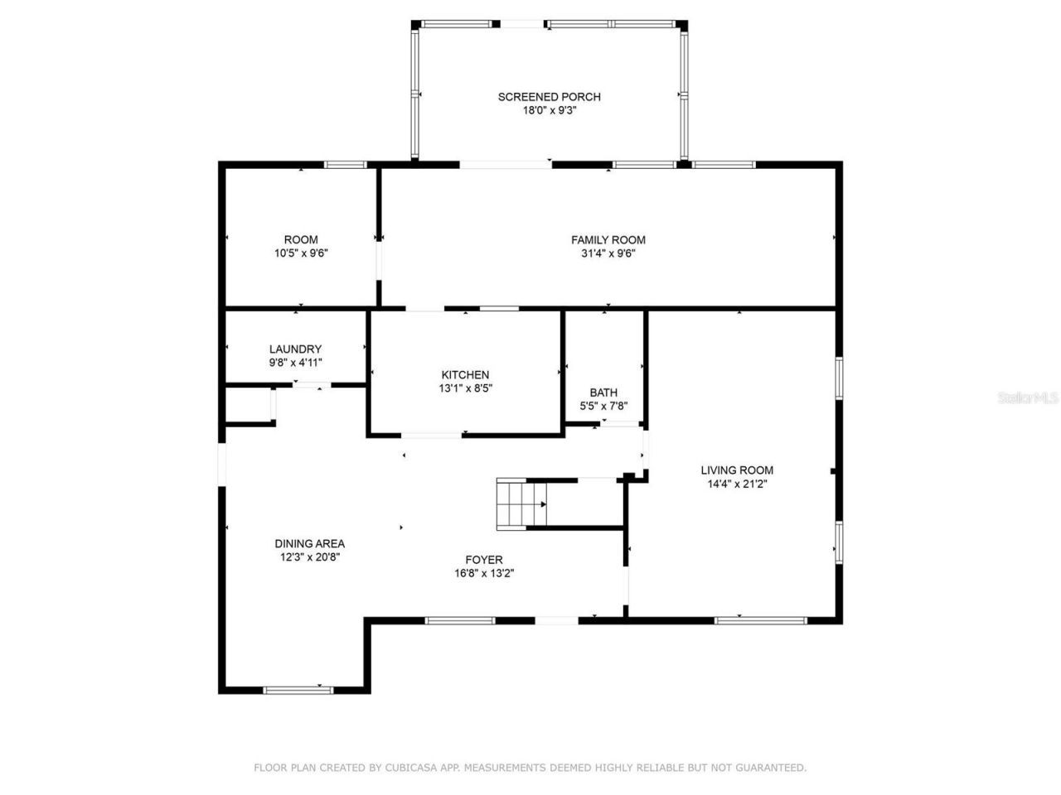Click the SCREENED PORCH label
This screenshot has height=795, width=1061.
[x=549, y=97]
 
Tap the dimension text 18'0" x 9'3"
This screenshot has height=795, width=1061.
[x=549, y=111]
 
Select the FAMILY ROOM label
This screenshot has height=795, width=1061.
[x=608, y=240]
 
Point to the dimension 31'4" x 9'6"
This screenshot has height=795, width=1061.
[x=608, y=254]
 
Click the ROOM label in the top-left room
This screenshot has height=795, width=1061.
[x=301, y=240]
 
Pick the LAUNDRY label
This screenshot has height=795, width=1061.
[x=295, y=349]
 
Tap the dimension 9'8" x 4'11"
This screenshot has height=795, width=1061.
[x=295, y=363]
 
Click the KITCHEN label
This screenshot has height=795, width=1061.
[x=465, y=375]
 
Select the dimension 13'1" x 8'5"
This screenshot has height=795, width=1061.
[x=465, y=388]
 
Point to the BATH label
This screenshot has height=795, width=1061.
[x=603, y=393]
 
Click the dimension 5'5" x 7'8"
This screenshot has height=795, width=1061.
[x=603, y=407]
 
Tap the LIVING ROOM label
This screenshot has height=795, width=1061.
[x=737, y=470]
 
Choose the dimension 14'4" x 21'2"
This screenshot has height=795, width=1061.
[x=737, y=484]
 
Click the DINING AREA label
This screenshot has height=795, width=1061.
[x=310, y=544]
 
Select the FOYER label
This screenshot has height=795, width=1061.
[x=484, y=560]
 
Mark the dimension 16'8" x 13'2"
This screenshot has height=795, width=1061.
[x=484, y=574]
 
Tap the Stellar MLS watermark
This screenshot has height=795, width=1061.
[x=1028, y=398]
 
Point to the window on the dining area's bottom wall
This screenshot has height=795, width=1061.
[x=298, y=689]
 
